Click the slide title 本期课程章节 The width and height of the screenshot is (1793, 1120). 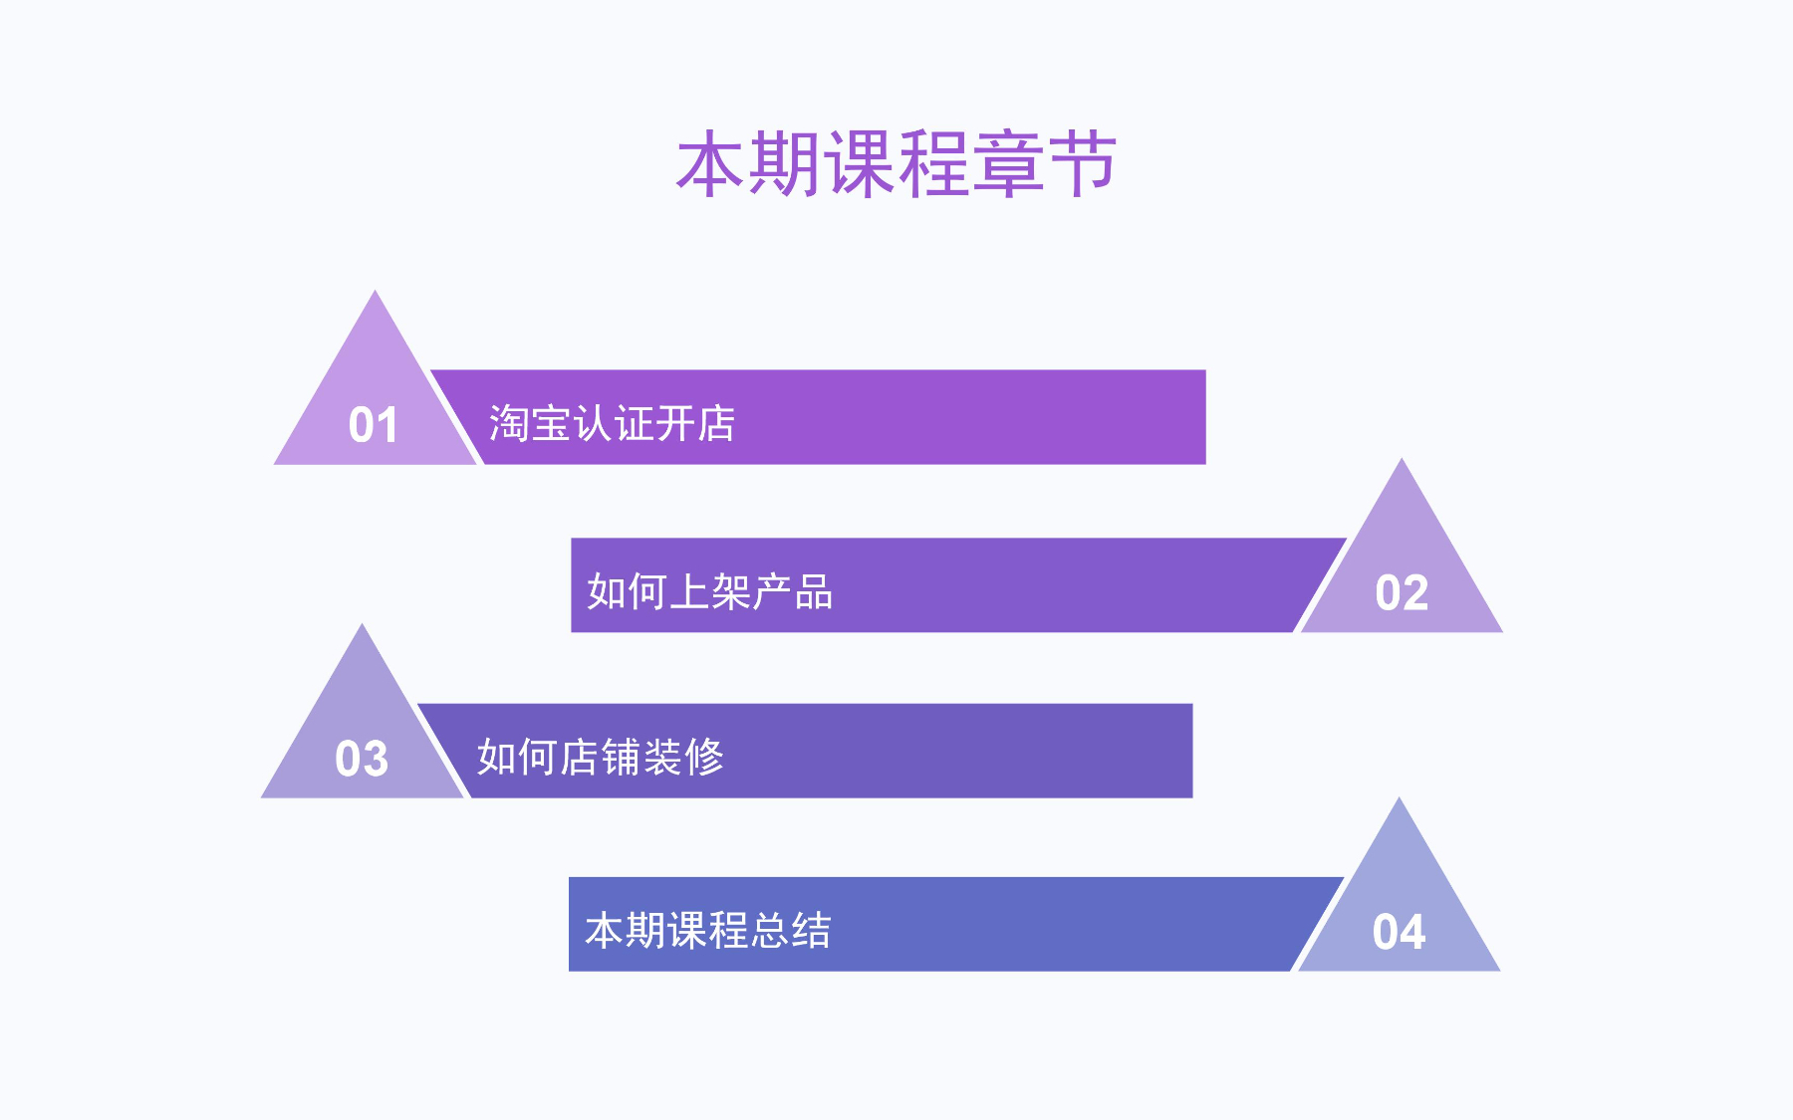(x=896, y=164)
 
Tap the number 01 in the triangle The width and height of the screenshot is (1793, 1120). (x=374, y=425)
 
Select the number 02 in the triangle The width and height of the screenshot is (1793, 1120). (x=1402, y=592)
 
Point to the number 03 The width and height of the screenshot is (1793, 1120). (x=362, y=759)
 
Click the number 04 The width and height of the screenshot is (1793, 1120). (x=1399, y=932)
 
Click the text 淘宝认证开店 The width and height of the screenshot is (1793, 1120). (x=612, y=423)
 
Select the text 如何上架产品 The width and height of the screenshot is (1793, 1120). (x=709, y=591)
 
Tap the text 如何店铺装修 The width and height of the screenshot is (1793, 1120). (x=600, y=757)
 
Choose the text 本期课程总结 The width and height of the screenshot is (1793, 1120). (x=707, y=930)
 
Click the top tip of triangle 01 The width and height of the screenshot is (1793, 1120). (x=375, y=290)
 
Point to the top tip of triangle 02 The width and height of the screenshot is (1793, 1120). (x=1402, y=458)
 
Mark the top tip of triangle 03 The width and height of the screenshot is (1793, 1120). (x=362, y=623)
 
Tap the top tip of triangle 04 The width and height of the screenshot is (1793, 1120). (x=1399, y=796)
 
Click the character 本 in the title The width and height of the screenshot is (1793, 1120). (x=711, y=164)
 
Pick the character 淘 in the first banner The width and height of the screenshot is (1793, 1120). (x=508, y=423)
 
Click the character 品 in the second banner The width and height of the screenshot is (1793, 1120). (x=814, y=591)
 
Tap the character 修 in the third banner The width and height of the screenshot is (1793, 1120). (x=704, y=757)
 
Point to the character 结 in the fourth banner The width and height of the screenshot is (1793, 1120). (x=812, y=930)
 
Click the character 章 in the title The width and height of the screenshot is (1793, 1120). (x=1008, y=164)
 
